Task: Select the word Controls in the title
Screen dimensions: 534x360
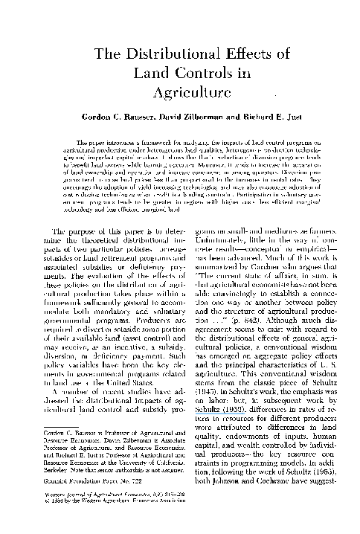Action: [204, 74]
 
